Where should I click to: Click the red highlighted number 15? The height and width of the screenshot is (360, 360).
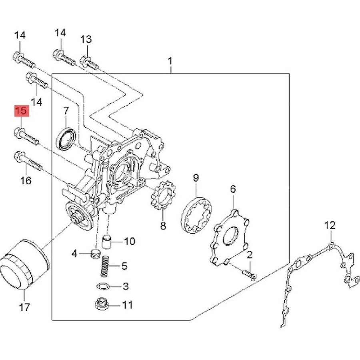point(22,111)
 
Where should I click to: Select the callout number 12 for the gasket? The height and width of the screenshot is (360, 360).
point(330,225)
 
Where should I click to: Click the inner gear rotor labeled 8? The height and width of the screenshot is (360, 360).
point(163,195)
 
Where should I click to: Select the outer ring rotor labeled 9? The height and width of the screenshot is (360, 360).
point(196,215)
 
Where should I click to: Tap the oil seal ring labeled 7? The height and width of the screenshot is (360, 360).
point(66,139)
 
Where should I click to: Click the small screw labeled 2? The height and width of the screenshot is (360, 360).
point(249,274)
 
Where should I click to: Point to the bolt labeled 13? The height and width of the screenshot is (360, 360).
point(90,63)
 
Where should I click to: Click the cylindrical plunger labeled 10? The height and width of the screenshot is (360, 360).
point(106,242)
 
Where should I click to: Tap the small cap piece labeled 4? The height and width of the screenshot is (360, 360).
point(96,253)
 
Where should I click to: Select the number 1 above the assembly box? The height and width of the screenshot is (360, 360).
point(170,61)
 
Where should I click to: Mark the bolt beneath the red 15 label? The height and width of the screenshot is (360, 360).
point(26,136)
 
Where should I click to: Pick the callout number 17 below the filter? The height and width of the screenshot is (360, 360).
point(24,307)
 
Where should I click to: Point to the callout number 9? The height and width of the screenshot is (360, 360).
point(196,178)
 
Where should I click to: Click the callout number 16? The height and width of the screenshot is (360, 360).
point(26,180)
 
